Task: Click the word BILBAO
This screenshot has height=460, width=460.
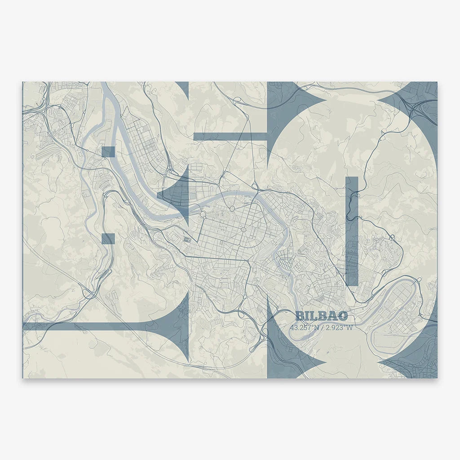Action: tap(321, 316)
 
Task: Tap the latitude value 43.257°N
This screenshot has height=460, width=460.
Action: tap(305, 327)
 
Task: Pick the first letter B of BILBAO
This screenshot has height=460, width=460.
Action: tap(300, 316)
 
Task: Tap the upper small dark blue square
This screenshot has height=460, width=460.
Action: tap(108, 152)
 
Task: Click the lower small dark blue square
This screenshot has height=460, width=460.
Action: tap(108, 238)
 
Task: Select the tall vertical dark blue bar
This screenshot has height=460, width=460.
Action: tap(352, 231)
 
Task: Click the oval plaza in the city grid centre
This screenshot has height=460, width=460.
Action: tap(243, 230)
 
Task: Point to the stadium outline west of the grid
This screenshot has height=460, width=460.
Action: tap(186, 239)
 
